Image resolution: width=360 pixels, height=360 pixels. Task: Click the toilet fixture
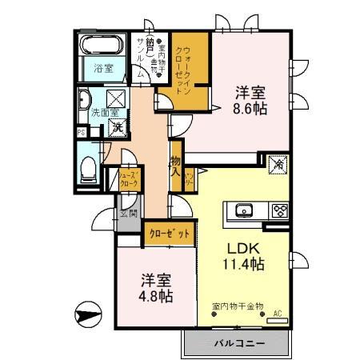click(x=90, y=169)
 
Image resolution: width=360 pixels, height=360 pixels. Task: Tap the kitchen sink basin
click(x=242, y=212)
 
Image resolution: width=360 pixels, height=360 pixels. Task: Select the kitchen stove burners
click(x=280, y=212)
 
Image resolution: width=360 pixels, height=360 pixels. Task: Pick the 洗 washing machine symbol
click(x=117, y=126)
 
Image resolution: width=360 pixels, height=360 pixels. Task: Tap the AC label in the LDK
click(x=278, y=314)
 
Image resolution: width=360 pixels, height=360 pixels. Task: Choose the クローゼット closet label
click(x=170, y=234)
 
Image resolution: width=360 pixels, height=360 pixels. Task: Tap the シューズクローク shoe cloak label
click(x=130, y=179)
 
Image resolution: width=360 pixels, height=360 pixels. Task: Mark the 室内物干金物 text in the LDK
click(x=240, y=305)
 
